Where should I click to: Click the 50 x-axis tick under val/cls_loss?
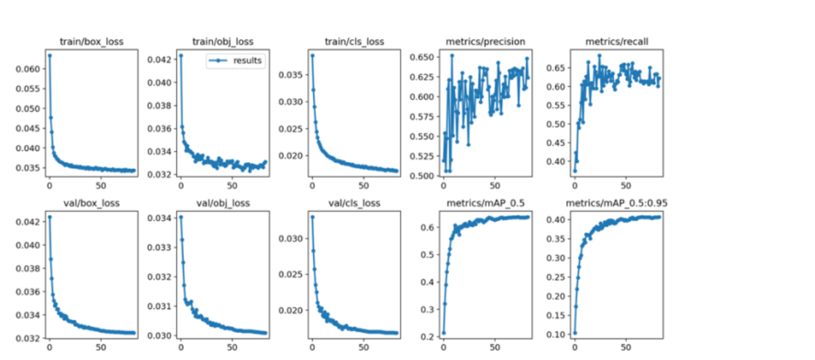point(363,348)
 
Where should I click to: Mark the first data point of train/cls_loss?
point(312,55)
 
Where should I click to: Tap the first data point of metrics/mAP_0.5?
point(443,332)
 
